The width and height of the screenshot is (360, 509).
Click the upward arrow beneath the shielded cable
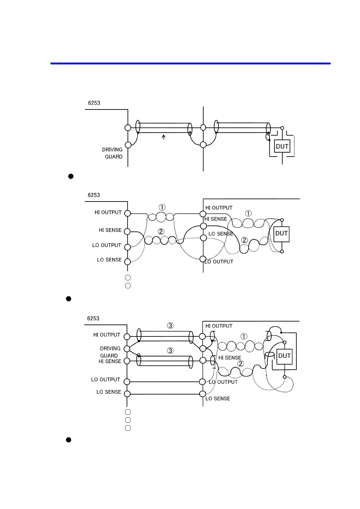coord(164,137)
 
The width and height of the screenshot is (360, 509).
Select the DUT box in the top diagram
coord(282,147)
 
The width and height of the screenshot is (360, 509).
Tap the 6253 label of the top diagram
coord(94,103)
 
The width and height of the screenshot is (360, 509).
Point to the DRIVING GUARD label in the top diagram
coord(113,153)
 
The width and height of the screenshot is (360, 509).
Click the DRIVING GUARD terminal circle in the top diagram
coord(128,145)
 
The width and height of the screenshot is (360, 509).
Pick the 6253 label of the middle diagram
coord(94,195)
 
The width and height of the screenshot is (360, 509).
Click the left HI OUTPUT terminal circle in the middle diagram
coord(128,213)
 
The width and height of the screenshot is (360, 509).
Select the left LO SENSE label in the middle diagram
coord(109,260)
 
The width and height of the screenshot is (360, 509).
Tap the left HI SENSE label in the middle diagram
coord(110,230)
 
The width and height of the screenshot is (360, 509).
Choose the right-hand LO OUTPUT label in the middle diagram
coord(219,262)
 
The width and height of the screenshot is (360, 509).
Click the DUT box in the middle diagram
coord(281,234)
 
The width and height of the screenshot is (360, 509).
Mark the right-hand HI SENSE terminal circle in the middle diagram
coord(204,226)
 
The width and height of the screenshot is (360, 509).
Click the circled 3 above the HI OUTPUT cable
coord(170,326)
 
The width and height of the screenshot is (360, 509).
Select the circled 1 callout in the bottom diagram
coord(244,336)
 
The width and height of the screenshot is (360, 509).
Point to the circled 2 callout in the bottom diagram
coord(241,364)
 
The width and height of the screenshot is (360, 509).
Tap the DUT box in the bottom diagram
coord(284,356)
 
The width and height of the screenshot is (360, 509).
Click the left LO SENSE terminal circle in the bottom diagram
coord(127,394)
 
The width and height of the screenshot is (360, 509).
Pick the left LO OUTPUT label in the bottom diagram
coord(106,380)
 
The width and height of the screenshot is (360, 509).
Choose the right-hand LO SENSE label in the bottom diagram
coord(218,399)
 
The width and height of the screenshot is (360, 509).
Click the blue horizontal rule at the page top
coord(191,63)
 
